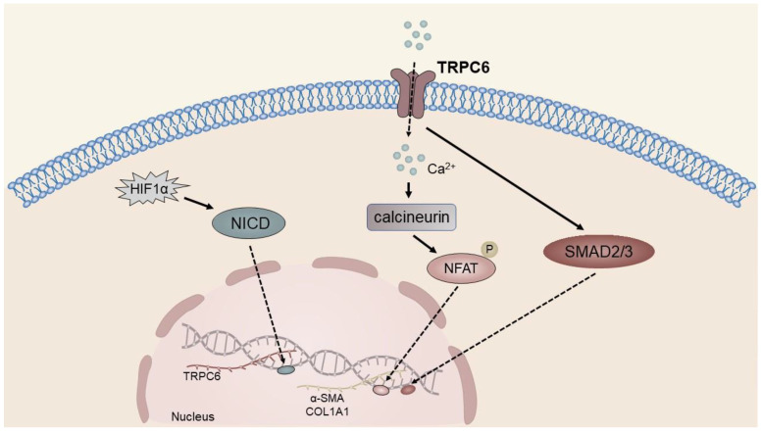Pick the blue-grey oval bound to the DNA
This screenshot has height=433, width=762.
pos(286,370)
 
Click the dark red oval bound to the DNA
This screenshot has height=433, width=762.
pos(405,389)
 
